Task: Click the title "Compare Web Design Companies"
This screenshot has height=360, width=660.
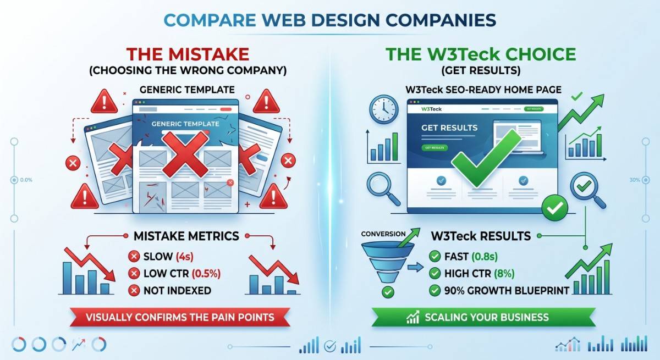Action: click(330, 21)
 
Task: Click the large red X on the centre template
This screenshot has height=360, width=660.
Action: click(188, 151)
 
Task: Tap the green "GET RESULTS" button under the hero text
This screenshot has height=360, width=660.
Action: click(435, 148)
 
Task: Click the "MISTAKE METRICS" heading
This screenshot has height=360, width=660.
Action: click(186, 236)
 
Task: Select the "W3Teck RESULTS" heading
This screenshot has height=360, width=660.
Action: click(481, 236)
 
